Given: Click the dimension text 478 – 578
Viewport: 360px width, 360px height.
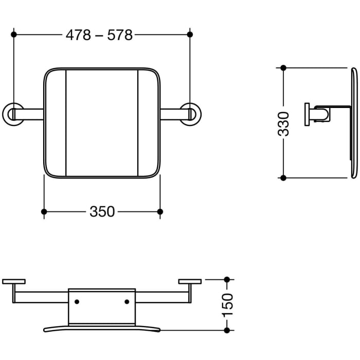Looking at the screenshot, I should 99,35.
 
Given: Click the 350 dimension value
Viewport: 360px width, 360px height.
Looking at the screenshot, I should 102,211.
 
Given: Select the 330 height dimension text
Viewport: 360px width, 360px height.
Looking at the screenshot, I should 283,123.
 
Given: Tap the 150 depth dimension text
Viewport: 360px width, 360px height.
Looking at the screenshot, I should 227,304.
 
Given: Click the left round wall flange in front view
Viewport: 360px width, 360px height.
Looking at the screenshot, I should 13,114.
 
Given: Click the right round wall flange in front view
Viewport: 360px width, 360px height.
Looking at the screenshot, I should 191,114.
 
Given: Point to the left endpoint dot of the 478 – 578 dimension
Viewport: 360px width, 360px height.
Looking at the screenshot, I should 14,34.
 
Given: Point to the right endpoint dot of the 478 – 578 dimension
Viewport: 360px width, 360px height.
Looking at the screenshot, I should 190,34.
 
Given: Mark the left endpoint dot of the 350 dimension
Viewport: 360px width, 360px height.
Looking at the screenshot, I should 44,211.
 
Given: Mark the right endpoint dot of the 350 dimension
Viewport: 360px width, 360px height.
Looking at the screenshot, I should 160,211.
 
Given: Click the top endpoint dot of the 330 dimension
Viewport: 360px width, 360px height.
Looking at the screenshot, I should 283,68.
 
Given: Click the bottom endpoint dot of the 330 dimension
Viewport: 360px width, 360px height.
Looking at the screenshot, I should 283,178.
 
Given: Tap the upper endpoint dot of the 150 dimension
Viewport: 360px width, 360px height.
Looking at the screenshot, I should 227,280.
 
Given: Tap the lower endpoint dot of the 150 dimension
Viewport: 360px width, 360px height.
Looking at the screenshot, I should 227,330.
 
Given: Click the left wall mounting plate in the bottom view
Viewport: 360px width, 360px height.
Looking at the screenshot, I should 14,281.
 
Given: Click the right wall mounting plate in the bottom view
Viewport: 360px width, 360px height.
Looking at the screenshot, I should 190,281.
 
